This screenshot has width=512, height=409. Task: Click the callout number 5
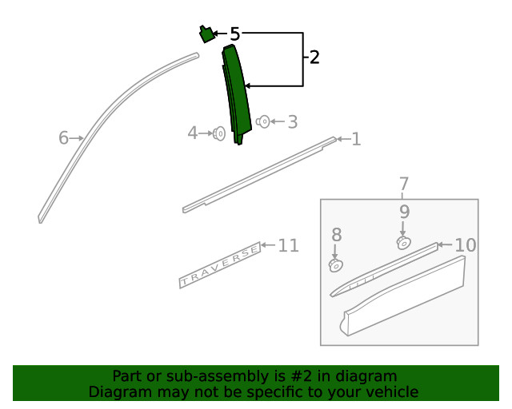[x=235, y=34]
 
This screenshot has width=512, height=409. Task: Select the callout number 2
[x=314, y=57]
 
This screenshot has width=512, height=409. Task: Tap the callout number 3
[x=293, y=122]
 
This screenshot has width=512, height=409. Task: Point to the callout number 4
[x=193, y=133]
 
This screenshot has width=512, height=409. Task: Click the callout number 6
[x=63, y=137]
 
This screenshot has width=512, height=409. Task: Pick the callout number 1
[x=356, y=139]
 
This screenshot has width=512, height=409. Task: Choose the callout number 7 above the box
[x=404, y=184]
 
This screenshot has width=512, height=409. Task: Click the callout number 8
[x=337, y=235]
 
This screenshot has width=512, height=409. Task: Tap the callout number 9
[x=404, y=212]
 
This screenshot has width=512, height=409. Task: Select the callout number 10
[x=466, y=245]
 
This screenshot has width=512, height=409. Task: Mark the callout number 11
[x=288, y=245]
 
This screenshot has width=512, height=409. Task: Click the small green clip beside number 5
[x=206, y=34]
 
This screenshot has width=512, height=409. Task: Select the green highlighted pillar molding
[x=237, y=94]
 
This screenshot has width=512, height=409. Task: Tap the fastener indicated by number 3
[x=263, y=121]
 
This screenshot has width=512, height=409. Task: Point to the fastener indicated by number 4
[x=218, y=133]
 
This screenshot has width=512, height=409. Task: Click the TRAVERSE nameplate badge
[x=220, y=265]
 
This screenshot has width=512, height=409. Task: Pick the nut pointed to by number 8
[x=336, y=265]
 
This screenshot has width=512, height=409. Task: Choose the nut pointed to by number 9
[x=404, y=243]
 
